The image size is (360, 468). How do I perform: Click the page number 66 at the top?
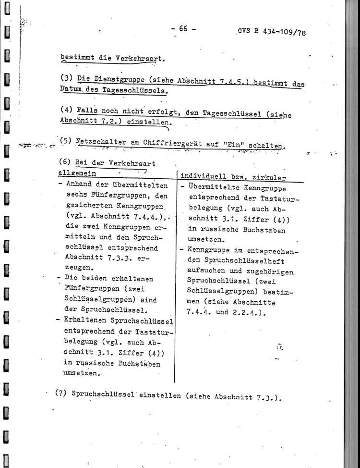[x=183, y=28]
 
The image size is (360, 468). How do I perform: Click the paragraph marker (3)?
[x=67, y=77]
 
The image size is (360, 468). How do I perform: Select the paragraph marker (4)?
[x=67, y=109]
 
